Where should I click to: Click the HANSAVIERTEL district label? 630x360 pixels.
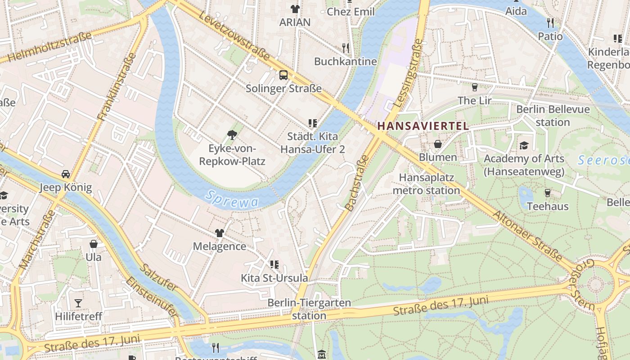(x=423, y=126)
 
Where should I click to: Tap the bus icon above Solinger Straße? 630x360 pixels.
(x=283, y=75)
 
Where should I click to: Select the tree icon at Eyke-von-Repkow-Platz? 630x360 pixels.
(x=232, y=134)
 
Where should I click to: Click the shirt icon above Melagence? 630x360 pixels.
(x=219, y=233)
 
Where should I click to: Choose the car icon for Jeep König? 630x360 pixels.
(x=66, y=174)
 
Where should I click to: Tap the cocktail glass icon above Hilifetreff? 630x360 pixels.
(x=78, y=303)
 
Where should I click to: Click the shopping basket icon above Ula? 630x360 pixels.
(x=94, y=244)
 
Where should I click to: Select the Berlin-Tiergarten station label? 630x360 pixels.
(x=309, y=309)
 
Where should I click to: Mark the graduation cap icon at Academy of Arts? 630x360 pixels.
(x=524, y=145)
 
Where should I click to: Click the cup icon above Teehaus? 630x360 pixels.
(x=548, y=193)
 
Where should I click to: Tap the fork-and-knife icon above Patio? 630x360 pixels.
(x=550, y=22)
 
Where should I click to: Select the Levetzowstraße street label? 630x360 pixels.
(x=234, y=31)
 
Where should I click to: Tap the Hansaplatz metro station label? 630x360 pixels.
(x=426, y=184)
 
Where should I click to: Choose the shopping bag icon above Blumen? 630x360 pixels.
(x=437, y=144)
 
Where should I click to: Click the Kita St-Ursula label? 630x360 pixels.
(x=274, y=278)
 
